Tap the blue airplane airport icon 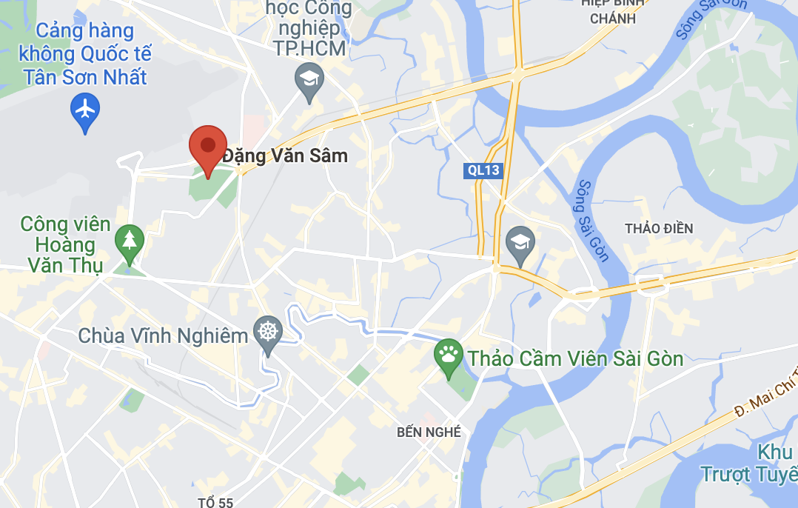85,110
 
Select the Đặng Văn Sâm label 285,156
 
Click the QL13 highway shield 483,170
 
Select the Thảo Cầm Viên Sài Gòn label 574,358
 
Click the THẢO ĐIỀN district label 658,228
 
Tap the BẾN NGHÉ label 429,432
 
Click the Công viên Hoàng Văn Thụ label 65,244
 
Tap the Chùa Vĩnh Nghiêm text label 163,335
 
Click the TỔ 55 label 215,502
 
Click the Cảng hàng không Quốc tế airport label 85,53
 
